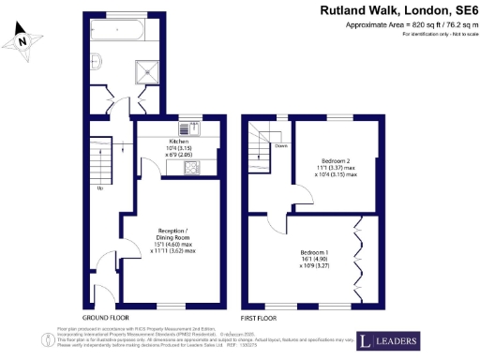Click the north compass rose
[25, 40]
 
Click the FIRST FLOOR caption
[260, 319]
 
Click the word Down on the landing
[280, 145]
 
